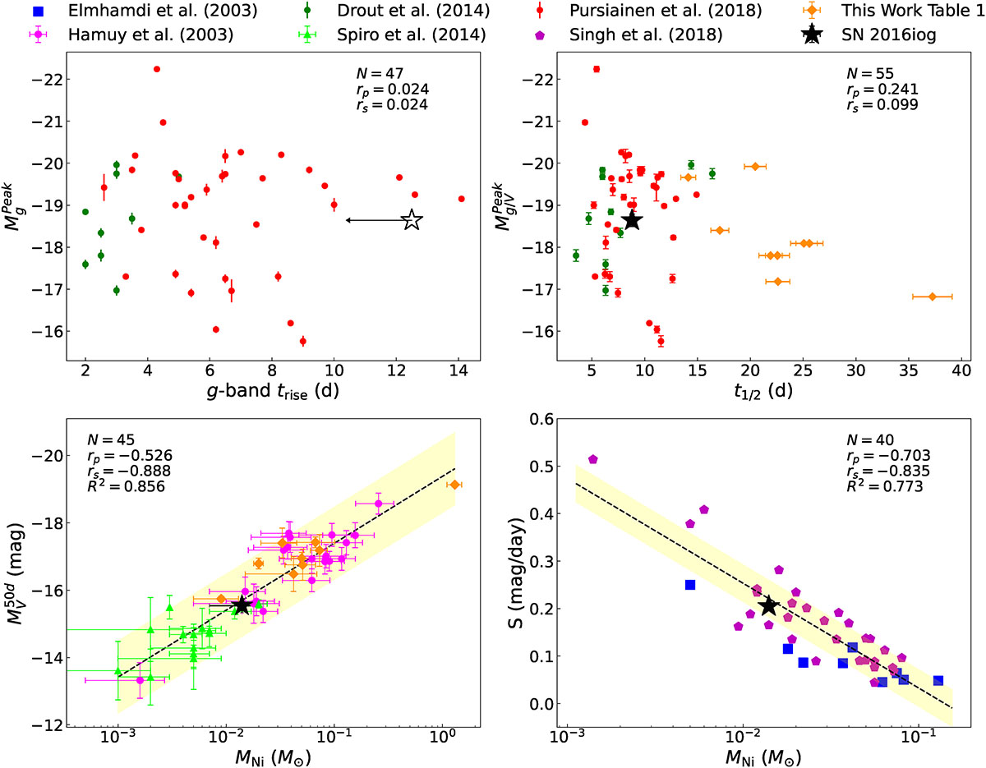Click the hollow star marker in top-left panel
412,220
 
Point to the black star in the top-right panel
631,220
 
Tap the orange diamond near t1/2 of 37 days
932,297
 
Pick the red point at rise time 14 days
462,199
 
